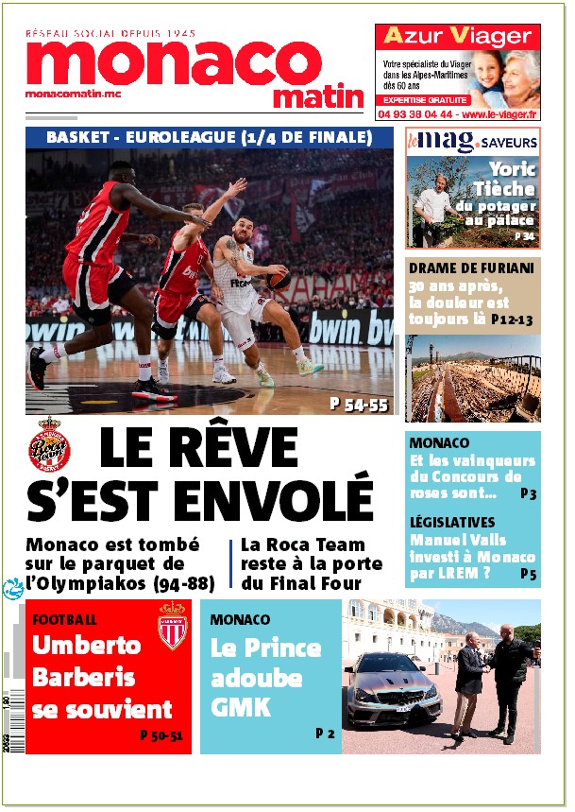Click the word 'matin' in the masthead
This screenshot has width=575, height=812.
click(318, 95)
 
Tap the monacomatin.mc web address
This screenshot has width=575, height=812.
click(73, 95)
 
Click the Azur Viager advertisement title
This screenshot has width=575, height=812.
click(456, 37)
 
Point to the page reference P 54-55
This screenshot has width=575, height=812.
click(359, 403)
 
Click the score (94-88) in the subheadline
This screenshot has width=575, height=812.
click(186, 581)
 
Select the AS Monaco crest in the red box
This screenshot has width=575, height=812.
click(172, 626)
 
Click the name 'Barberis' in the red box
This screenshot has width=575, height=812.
click(83, 677)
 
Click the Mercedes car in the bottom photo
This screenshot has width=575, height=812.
click(392, 690)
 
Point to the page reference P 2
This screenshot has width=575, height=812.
click(325, 733)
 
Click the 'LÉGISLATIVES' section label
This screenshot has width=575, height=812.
click(451, 522)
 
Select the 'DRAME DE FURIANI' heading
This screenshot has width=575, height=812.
click(471, 268)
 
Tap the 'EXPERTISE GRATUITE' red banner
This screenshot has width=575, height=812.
click(423, 100)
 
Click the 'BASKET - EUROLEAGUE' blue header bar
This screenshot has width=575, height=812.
click(209, 137)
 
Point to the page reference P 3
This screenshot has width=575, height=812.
click(528, 493)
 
